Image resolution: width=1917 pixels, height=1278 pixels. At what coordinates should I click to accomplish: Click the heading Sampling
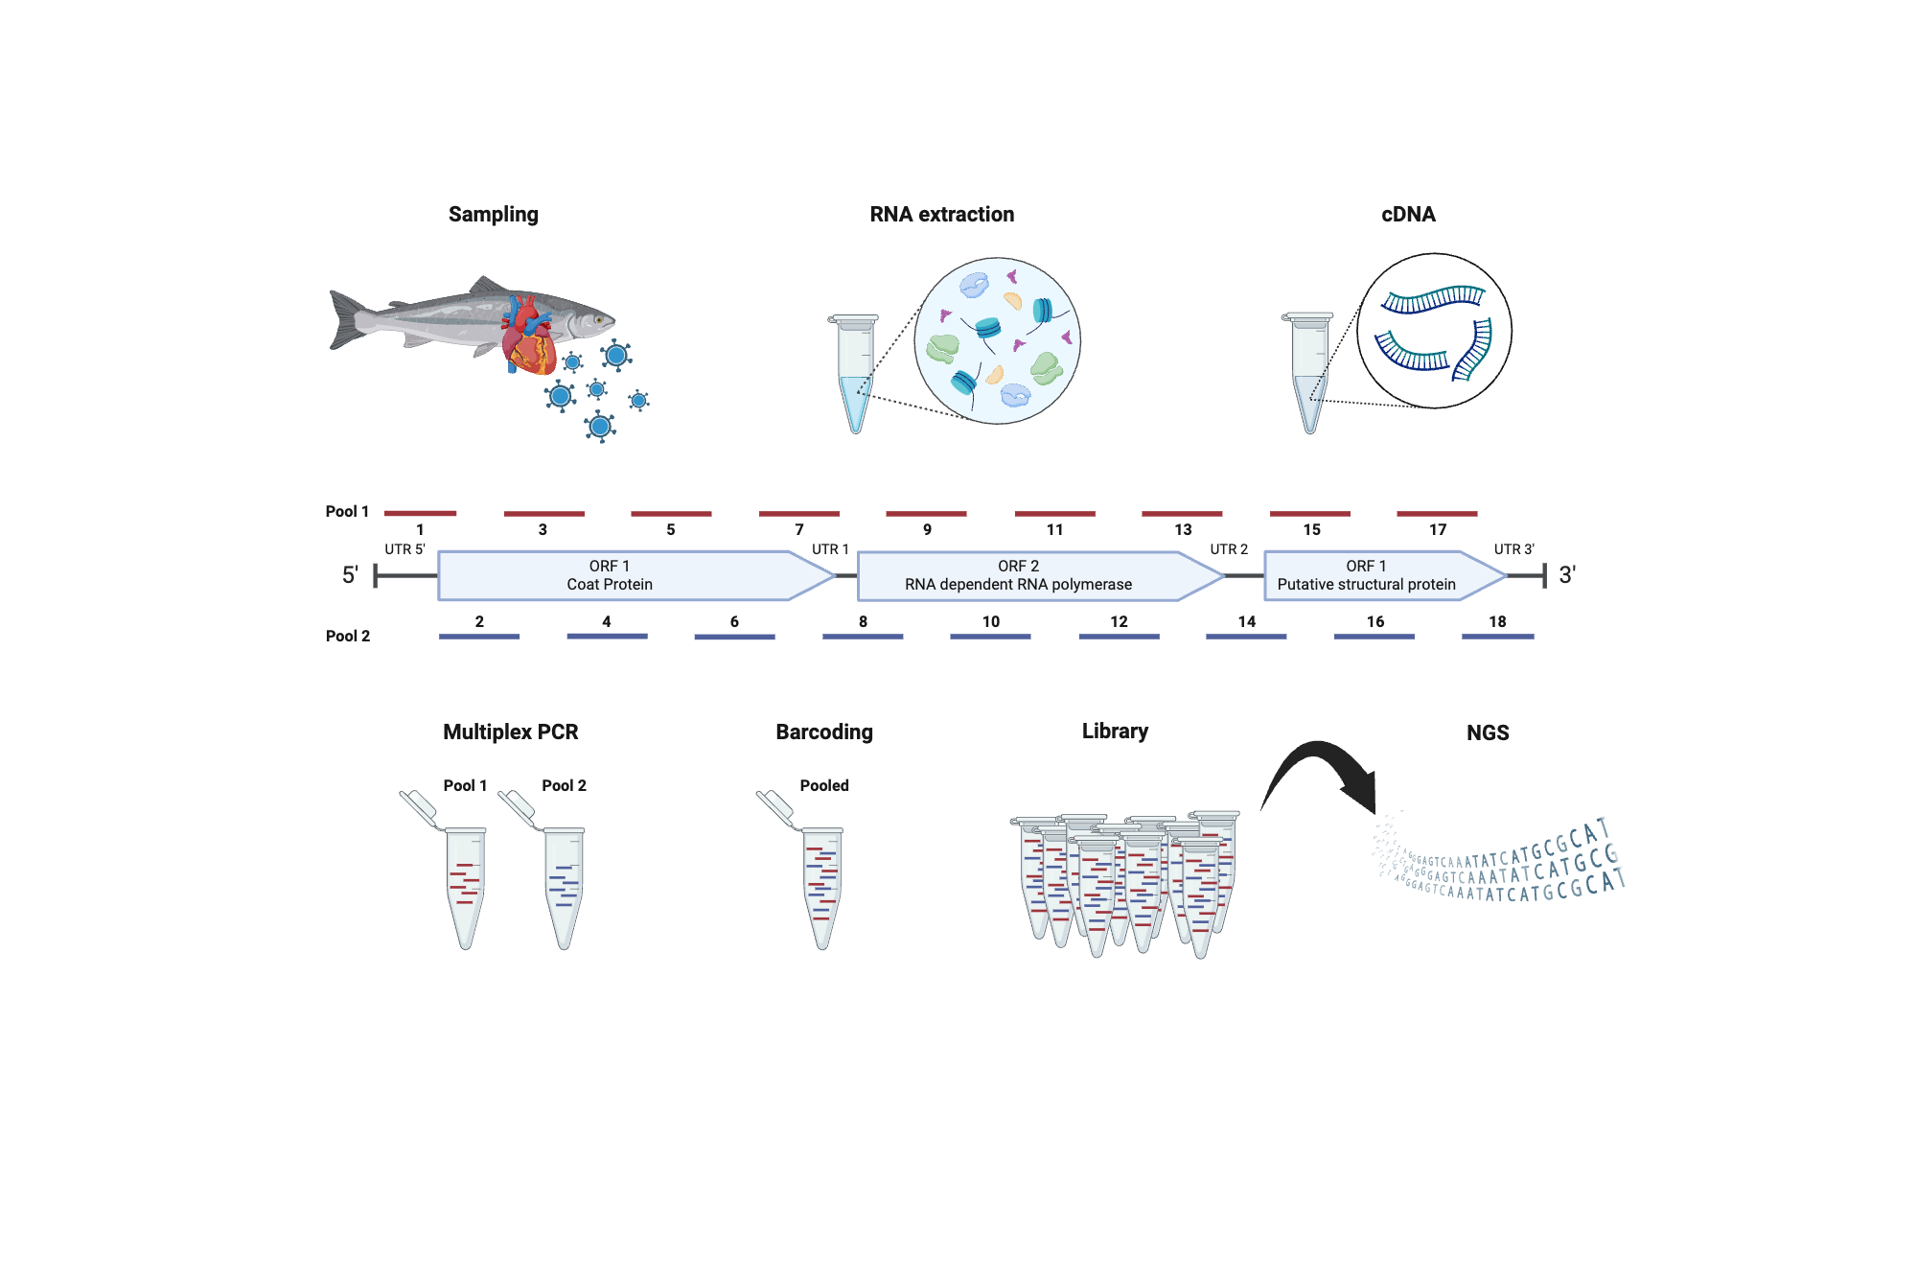(x=493, y=214)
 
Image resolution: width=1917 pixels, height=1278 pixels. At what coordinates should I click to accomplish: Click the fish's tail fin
(x=346, y=319)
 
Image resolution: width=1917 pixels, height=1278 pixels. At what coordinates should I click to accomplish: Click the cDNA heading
(x=1407, y=214)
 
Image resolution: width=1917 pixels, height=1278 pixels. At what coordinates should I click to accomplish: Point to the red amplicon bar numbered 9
(x=926, y=514)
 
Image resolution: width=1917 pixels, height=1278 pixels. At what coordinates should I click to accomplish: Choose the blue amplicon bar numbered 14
(x=1245, y=636)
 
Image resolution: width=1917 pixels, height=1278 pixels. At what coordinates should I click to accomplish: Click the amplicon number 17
(x=1437, y=529)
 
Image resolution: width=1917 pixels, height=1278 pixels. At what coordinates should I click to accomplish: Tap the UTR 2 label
(x=1228, y=549)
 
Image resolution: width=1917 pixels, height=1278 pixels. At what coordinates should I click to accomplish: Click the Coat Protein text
(x=609, y=585)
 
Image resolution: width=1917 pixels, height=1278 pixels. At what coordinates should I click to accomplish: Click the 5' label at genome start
(x=350, y=575)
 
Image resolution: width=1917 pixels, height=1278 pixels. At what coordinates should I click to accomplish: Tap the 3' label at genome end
(x=1566, y=575)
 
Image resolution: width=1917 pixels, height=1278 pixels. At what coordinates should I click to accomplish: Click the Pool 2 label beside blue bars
(x=347, y=636)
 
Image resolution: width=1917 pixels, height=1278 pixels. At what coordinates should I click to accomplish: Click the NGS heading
(x=1487, y=732)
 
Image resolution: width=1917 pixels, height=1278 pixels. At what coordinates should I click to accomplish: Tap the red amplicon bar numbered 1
(x=420, y=514)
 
